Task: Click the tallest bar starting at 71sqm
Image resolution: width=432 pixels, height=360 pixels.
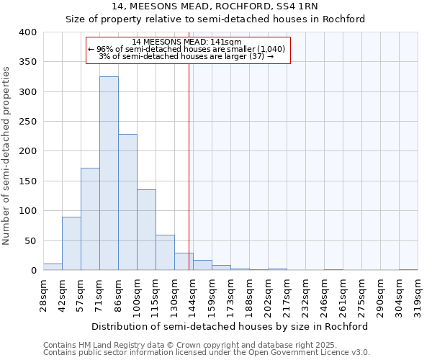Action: coord(109,173)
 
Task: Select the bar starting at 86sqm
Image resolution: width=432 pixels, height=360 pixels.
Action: coord(127,202)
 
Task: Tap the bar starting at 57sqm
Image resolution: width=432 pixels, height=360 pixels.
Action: coord(90,219)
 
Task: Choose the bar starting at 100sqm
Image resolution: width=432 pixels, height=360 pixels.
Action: coord(146,230)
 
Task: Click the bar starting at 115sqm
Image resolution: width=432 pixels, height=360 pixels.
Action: coord(165,252)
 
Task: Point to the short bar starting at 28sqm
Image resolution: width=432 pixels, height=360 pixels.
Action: coord(53,267)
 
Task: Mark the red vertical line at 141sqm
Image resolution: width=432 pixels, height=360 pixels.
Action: coord(189,166)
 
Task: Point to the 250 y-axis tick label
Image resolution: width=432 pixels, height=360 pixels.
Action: coord(28,122)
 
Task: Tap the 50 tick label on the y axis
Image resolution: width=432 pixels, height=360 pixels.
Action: coord(31,240)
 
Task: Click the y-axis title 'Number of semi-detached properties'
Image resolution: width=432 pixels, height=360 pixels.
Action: coord(7,155)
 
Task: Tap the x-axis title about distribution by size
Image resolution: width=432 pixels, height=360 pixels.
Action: coord(230,326)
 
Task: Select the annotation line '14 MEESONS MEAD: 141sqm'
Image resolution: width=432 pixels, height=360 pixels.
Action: coord(187,42)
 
